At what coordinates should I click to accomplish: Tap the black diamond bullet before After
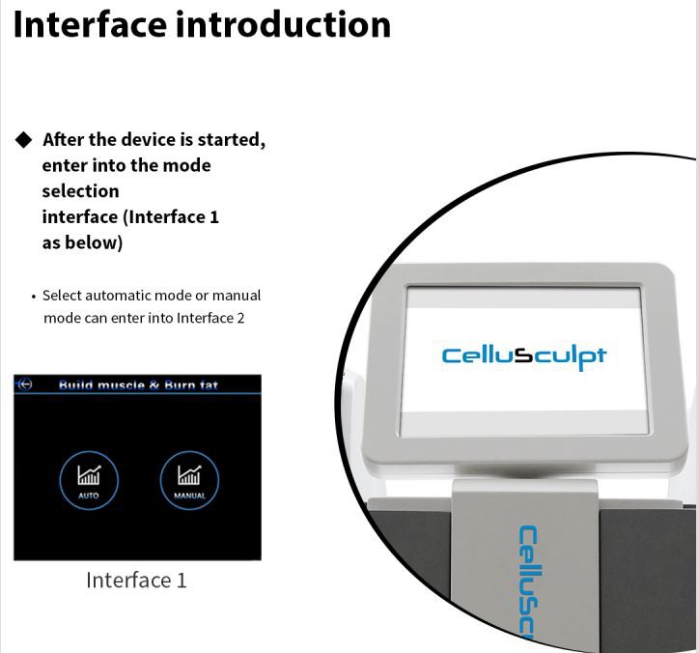click(x=23, y=140)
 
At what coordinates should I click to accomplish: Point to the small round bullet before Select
click(x=33, y=297)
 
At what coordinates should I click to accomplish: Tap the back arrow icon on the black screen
click(x=25, y=384)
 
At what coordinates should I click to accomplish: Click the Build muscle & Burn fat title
click(x=138, y=385)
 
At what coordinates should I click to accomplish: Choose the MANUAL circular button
click(x=189, y=480)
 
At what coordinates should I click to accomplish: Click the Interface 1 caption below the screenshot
click(x=136, y=580)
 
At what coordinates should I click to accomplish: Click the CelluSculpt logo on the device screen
click(x=523, y=355)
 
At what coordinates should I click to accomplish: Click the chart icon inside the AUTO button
click(x=89, y=474)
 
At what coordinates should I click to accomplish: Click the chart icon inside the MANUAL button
click(x=189, y=474)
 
